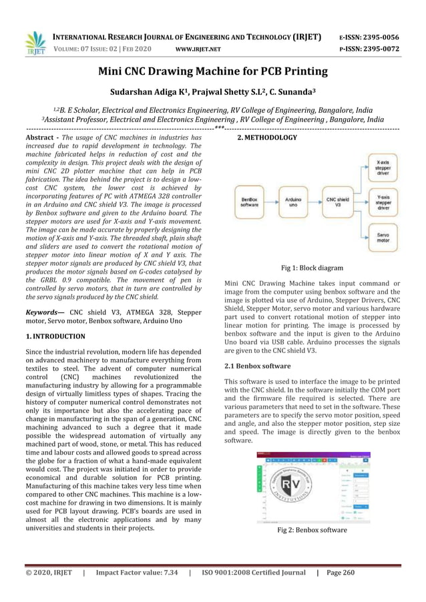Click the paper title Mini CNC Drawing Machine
tap(213, 71)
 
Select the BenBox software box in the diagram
tap(250, 201)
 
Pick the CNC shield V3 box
tap(337, 201)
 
